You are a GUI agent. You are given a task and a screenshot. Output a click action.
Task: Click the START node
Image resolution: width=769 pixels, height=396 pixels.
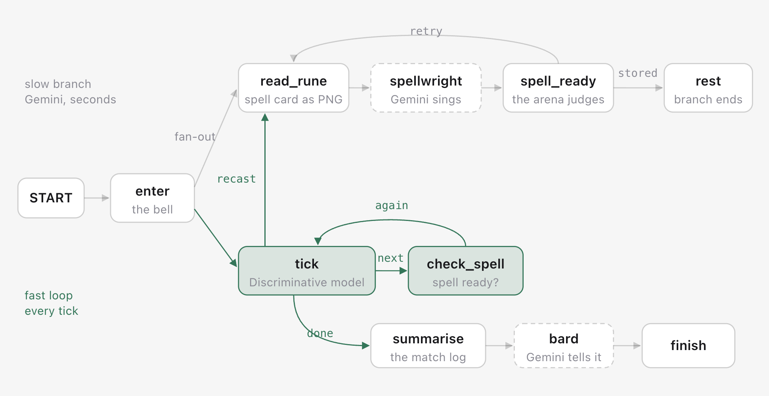tap(51, 198)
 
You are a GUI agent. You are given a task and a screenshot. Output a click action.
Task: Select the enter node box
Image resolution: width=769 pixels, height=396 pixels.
tap(153, 198)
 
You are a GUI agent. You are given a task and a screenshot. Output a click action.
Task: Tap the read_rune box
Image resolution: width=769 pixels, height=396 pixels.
tap(294, 88)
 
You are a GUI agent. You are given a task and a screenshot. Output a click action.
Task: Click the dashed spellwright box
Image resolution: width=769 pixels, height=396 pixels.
tap(426, 88)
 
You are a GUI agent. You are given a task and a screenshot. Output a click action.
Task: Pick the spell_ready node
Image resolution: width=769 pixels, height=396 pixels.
tap(559, 88)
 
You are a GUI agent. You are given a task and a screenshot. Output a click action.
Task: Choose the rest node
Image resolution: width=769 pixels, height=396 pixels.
tap(708, 88)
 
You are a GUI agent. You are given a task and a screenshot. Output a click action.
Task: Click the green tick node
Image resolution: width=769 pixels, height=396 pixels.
tap(307, 271)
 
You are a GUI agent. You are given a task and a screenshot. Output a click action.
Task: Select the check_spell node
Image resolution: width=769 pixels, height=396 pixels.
tap(466, 271)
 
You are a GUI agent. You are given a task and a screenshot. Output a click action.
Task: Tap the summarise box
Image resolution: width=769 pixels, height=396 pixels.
tap(428, 346)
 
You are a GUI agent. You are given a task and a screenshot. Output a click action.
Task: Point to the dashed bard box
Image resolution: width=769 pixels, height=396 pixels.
tap(564, 346)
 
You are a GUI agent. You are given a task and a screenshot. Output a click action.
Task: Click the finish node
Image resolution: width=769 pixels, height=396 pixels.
tap(689, 346)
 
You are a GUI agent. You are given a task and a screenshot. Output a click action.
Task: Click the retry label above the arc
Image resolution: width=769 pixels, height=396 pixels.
tap(426, 31)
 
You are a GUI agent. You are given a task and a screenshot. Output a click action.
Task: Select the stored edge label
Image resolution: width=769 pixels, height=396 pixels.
tap(638, 73)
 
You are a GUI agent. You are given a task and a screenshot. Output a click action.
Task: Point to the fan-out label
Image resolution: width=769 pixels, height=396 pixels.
tap(195, 137)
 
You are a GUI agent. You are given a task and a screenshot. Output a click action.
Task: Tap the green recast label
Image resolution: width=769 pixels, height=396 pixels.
tap(237, 179)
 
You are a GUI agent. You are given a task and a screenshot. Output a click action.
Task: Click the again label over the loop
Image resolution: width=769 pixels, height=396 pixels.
tap(392, 206)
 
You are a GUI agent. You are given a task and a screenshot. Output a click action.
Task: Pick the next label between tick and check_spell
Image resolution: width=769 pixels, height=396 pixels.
tap(390, 258)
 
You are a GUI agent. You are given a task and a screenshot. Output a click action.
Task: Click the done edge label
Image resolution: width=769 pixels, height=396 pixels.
tap(320, 333)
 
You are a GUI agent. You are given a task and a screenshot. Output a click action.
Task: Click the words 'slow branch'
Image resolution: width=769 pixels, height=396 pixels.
tap(58, 84)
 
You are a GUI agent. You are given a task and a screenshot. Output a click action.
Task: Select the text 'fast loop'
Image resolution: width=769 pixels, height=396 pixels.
tap(49, 295)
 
